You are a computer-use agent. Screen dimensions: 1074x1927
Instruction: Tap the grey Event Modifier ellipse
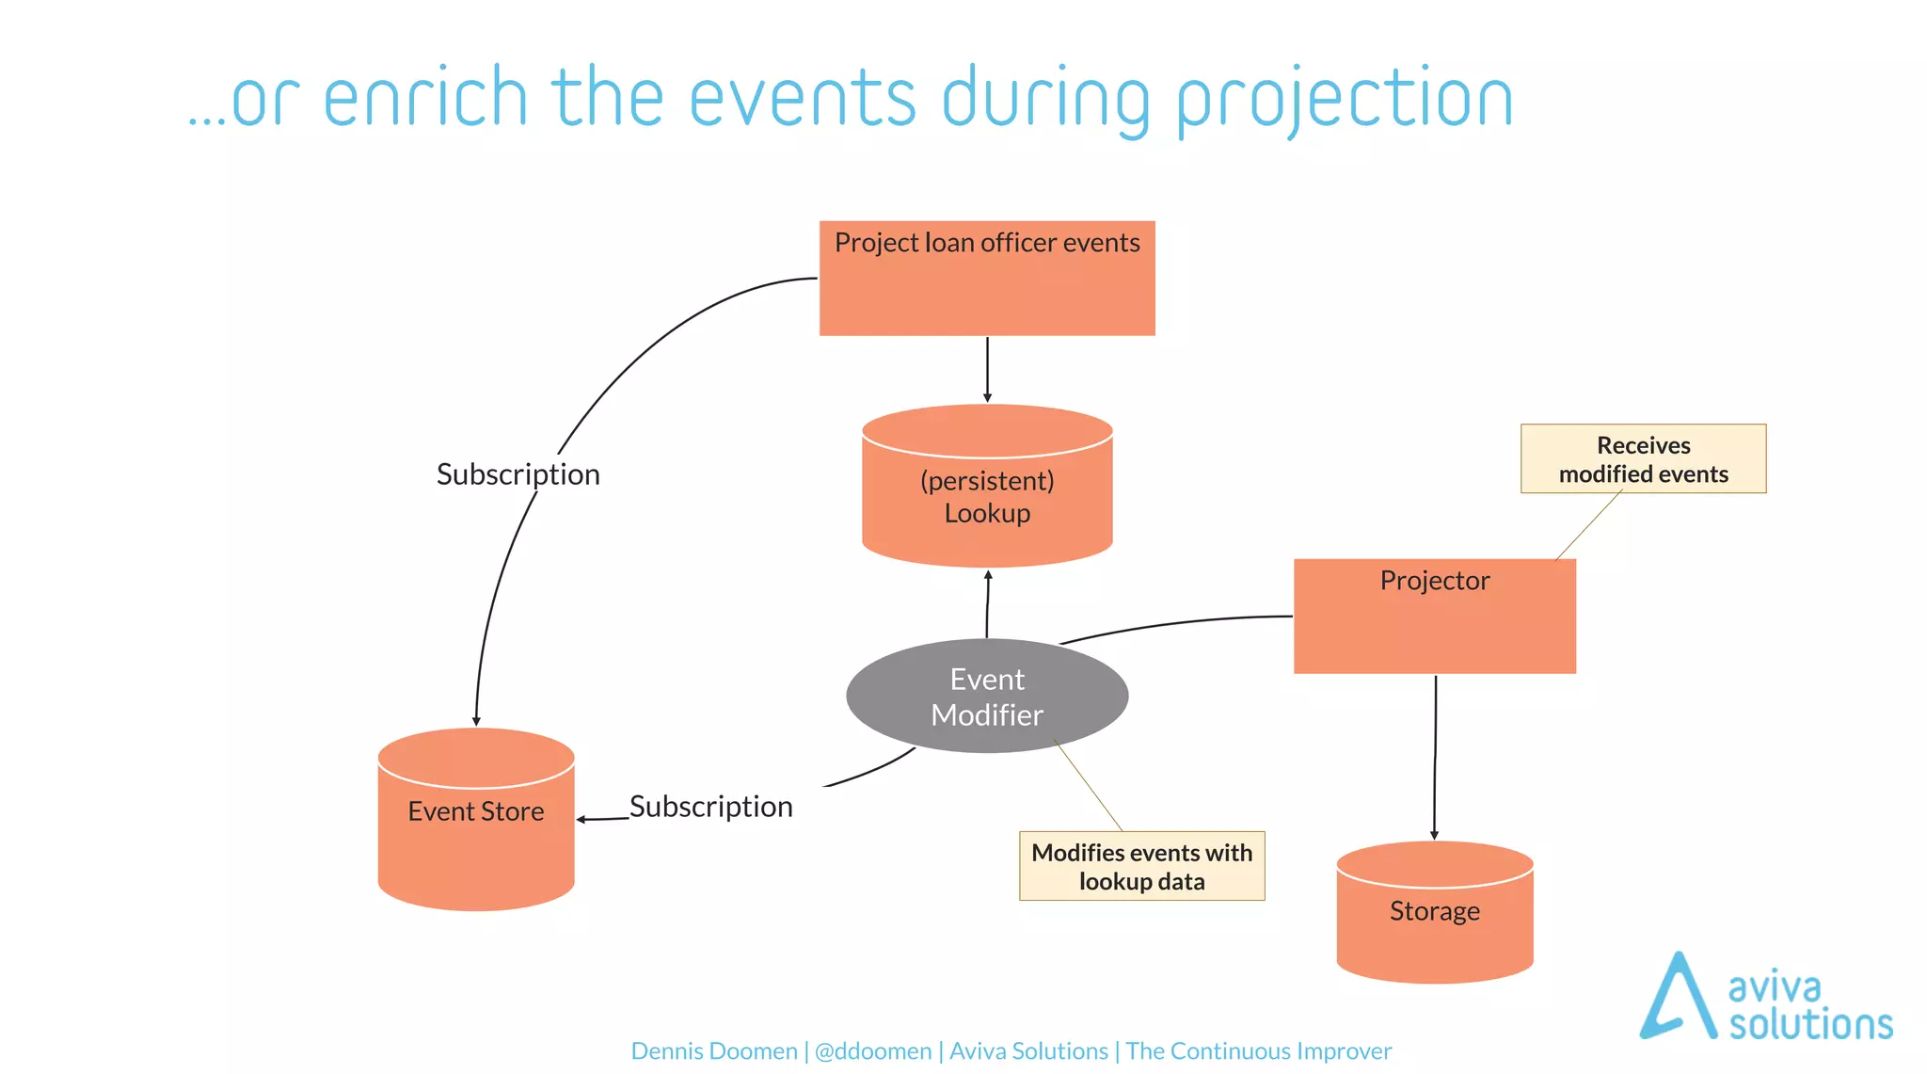(x=987, y=697)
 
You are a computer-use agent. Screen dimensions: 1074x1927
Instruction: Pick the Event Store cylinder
(x=476, y=828)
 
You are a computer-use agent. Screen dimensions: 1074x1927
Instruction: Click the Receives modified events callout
(x=1643, y=459)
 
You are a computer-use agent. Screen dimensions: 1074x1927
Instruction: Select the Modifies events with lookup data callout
(x=1141, y=866)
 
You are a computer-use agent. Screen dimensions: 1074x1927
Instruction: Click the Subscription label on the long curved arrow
(x=518, y=474)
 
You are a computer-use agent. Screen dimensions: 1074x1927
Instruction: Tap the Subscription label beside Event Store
(x=710, y=807)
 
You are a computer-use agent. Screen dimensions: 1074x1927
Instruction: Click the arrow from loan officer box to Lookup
(x=987, y=369)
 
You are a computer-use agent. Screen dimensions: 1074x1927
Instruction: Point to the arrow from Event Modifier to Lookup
(x=987, y=604)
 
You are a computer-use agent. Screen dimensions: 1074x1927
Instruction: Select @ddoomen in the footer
(x=873, y=1051)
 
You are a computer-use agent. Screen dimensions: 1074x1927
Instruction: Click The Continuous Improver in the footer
(x=1258, y=1051)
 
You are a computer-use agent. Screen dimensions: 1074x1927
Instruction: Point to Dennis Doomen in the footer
(x=713, y=1051)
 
